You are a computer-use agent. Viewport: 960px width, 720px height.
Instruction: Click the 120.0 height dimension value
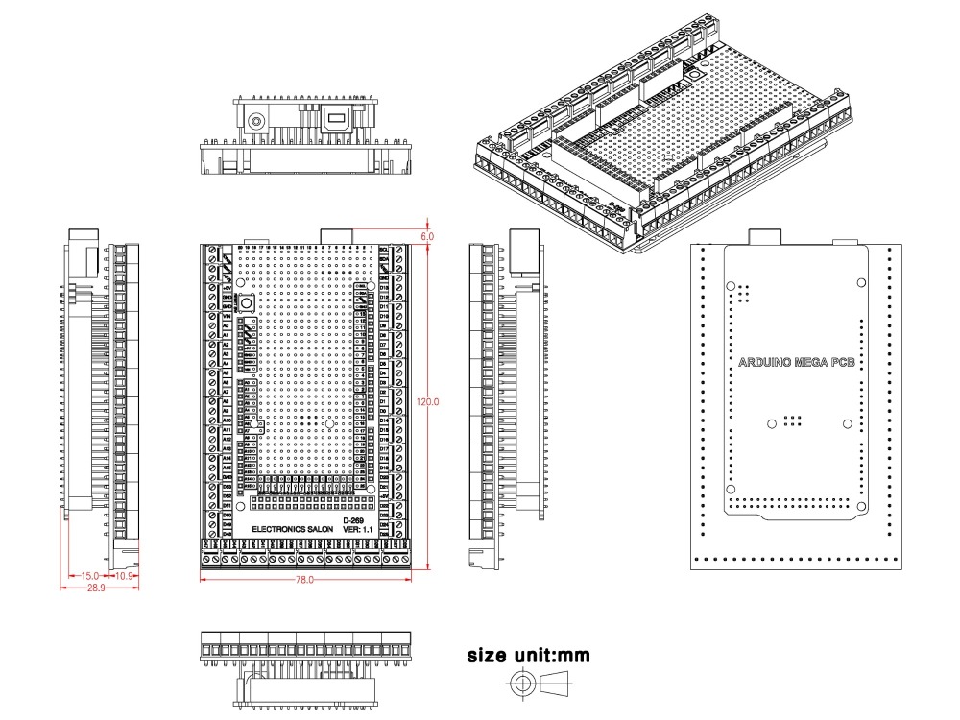pyautogui.click(x=429, y=402)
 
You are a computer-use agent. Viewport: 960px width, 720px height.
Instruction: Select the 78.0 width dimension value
pyautogui.click(x=304, y=579)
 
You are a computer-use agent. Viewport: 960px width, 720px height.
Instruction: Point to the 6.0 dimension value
pyautogui.click(x=427, y=235)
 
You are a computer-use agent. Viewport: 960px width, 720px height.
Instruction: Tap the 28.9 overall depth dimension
pyautogui.click(x=96, y=586)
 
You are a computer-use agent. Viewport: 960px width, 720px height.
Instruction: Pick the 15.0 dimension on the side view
pyautogui.click(x=89, y=575)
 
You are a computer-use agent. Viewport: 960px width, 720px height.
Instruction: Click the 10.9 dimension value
pyautogui.click(x=123, y=575)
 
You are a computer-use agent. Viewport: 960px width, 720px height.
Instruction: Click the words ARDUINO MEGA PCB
pyautogui.click(x=797, y=363)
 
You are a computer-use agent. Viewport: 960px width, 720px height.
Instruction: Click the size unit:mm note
pyautogui.click(x=528, y=657)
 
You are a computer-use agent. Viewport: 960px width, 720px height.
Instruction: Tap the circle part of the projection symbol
pyautogui.click(x=522, y=684)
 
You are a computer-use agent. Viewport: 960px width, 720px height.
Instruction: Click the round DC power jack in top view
pyautogui.click(x=257, y=122)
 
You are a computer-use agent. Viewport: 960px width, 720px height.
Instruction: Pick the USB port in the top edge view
pyautogui.click(x=338, y=121)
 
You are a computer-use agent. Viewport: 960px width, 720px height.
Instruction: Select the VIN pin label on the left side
pyautogui.click(x=227, y=316)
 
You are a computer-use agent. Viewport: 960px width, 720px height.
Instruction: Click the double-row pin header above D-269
pyautogui.click(x=311, y=501)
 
